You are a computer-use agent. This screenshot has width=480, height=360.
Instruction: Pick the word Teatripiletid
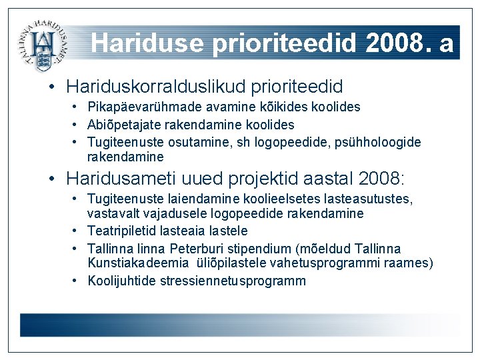tap(122, 231)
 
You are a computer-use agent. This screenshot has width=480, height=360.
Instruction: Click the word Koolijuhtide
tap(122, 281)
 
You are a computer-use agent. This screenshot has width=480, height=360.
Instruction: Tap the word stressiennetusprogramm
tap(233, 281)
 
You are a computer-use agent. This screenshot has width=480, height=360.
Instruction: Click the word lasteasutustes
tap(375, 199)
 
